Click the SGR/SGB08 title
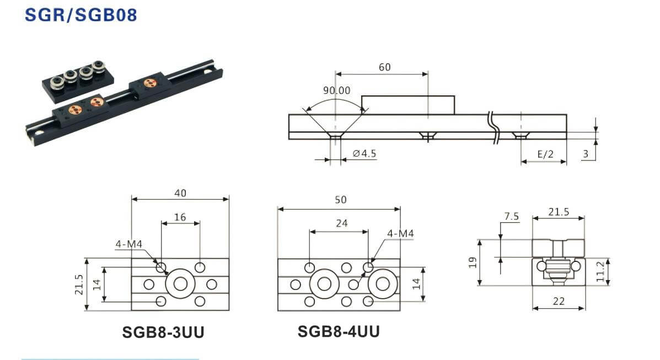tap(81, 14)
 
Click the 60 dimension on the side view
tap(384, 67)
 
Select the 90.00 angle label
tap(336, 90)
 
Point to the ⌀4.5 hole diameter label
tap(364, 154)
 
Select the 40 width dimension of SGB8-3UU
tap(180, 193)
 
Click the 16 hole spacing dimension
tap(180, 217)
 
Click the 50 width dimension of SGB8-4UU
tap(341, 201)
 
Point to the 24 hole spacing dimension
tap(342, 224)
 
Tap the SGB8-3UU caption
tap(163, 332)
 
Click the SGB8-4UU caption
tap(339, 331)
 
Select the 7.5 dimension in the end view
tap(512, 217)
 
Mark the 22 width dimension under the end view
tap(559, 302)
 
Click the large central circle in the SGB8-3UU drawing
tap(180, 284)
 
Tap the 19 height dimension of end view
tap(472, 262)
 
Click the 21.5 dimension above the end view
tap(559, 212)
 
